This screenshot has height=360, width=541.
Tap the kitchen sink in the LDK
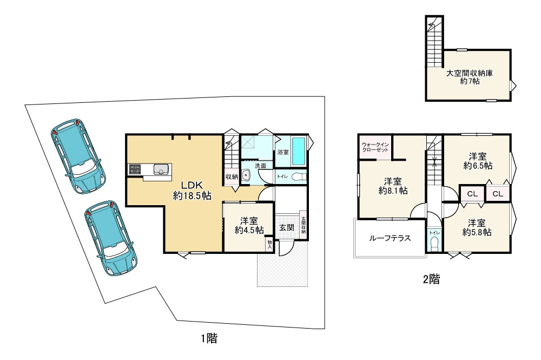click(x=161, y=169)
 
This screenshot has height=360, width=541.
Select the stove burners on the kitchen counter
click(x=135, y=169)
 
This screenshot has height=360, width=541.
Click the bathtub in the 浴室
click(x=299, y=152)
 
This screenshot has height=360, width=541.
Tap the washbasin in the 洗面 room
click(x=246, y=176)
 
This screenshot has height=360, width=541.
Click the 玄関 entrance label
click(x=286, y=227)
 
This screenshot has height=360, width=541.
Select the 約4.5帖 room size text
click(x=249, y=230)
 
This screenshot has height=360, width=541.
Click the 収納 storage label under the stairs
click(x=232, y=176)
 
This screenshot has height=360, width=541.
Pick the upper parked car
click(x=78, y=156)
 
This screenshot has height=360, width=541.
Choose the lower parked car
click(x=111, y=238)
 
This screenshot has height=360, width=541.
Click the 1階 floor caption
click(x=209, y=338)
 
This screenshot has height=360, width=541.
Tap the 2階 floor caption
click(x=431, y=279)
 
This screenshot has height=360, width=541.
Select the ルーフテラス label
click(x=390, y=238)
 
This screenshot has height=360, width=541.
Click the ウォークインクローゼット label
click(x=375, y=147)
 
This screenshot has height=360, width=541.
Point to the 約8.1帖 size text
click(x=393, y=190)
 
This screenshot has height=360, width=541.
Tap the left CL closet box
click(x=472, y=194)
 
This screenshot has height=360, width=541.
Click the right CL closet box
click(x=498, y=194)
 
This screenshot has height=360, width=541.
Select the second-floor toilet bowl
click(x=434, y=243)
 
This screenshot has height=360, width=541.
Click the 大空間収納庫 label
click(x=469, y=73)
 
